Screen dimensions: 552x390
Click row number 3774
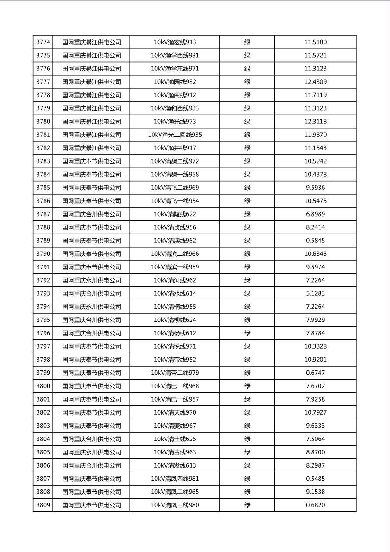pos(43,42)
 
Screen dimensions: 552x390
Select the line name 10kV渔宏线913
pos(175,42)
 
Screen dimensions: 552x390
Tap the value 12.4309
pos(315,82)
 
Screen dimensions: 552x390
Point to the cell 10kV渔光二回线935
pos(175,135)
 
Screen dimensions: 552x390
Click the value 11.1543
pos(315,148)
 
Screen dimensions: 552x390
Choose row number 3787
pos(43,214)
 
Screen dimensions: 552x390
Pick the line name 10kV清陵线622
pos(175,214)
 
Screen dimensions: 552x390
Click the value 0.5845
pos(315,241)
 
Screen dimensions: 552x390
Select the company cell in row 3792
pos(91,280)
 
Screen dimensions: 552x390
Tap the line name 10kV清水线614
pos(175,293)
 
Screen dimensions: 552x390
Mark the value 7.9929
pos(315,320)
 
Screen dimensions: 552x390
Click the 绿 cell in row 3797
pos(247,346)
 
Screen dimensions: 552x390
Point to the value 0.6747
pos(315,373)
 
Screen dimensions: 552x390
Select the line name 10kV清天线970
pos(175,412)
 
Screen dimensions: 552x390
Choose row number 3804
pos(43,439)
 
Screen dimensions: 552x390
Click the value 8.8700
pos(315,452)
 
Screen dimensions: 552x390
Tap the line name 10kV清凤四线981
pos(175,479)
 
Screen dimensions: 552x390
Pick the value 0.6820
pos(315,505)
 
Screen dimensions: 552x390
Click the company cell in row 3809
pos(91,505)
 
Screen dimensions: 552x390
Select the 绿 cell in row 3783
pos(247,161)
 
